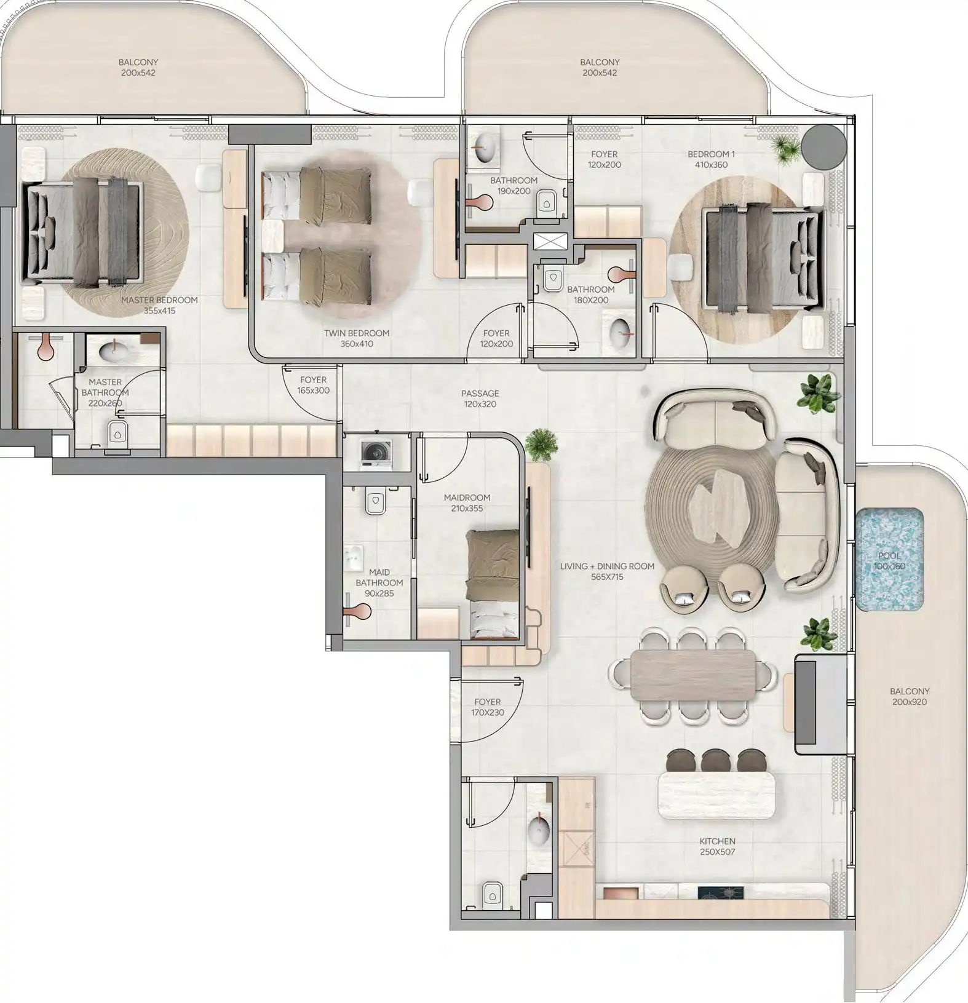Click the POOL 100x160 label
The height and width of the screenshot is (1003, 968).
click(889, 561)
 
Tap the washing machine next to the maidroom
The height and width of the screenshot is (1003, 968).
click(373, 453)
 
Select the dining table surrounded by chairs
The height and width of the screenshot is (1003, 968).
click(694, 675)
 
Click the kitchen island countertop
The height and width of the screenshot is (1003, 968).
click(717, 795)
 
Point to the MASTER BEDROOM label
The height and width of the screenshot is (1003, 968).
click(159, 300)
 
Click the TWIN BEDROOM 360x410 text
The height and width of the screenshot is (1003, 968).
click(357, 338)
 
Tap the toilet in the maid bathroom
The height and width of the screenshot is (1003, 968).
click(375, 501)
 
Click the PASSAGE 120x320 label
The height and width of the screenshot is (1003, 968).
click(480, 398)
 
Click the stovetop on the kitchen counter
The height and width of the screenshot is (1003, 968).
click(720, 892)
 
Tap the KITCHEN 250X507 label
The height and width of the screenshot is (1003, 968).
click(717, 846)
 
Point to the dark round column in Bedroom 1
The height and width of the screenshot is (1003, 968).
click(822, 147)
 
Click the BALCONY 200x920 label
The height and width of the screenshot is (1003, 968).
click(910, 696)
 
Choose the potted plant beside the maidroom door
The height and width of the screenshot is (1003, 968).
click(542, 444)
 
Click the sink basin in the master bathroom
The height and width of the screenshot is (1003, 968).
click(114, 351)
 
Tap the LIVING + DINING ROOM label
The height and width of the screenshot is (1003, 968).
click(607, 566)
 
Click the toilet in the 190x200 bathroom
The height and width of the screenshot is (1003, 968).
click(545, 202)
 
